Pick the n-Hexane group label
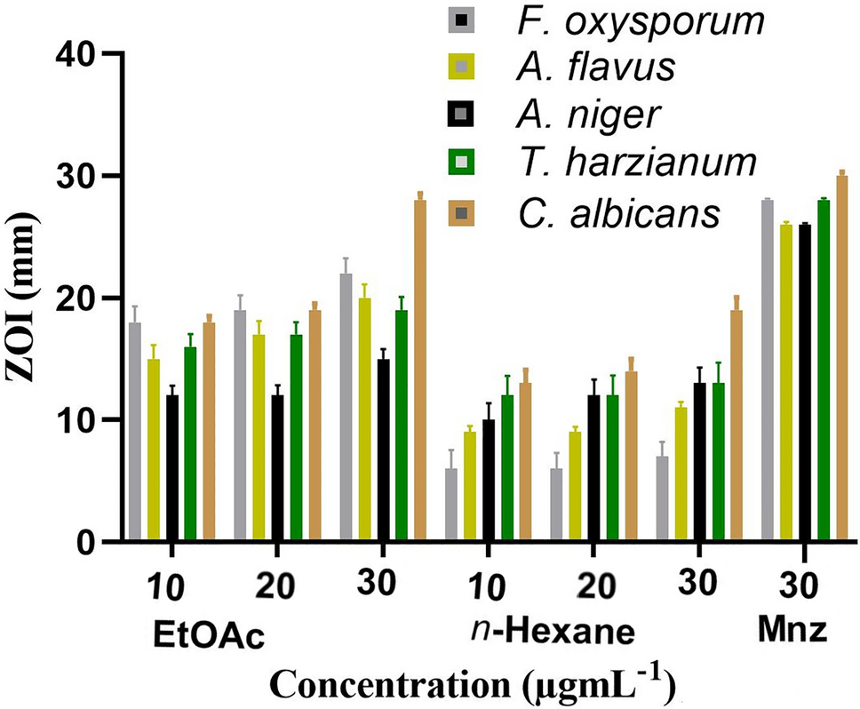pyautogui.click(x=552, y=633)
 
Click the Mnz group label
pyautogui.click(x=794, y=632)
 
